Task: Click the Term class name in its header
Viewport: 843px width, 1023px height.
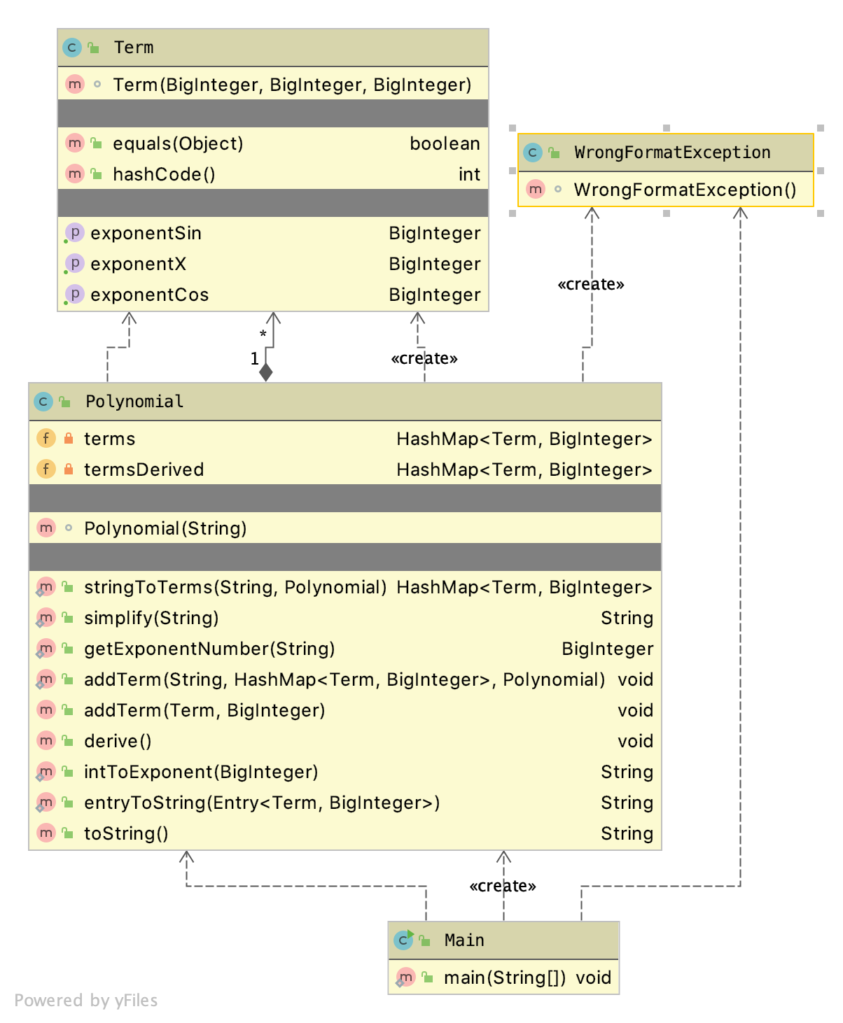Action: click(134, 48)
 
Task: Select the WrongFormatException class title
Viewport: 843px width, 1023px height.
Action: click(672, 153)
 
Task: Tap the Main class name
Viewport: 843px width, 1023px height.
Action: click(464, 940)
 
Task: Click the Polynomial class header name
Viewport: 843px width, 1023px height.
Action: click(134, 402)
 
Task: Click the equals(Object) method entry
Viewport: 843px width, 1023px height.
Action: click(178, 143)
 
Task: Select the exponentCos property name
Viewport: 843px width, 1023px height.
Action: click(149, 295)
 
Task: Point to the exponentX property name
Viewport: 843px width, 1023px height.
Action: click(138, 264)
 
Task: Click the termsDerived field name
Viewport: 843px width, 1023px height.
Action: click(144, 470)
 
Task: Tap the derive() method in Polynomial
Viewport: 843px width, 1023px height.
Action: click(118, 741)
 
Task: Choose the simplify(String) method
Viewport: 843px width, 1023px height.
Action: click(151, 618)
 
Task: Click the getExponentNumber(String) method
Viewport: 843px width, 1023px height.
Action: click(209, 649)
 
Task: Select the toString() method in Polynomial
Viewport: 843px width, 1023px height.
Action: click(126, 833)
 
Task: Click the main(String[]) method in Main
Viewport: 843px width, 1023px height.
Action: click(505, 978)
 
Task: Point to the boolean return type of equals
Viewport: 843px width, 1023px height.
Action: click(445, 143)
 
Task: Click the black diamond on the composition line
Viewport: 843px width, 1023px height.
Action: click(265, 372)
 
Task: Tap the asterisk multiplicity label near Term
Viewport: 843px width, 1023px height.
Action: click(263, 334)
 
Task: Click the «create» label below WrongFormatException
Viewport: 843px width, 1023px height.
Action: click(591, 284)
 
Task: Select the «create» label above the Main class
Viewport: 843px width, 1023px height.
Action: click(503, 886)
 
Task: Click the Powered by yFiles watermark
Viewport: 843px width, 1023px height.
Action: click(86, 1001)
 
